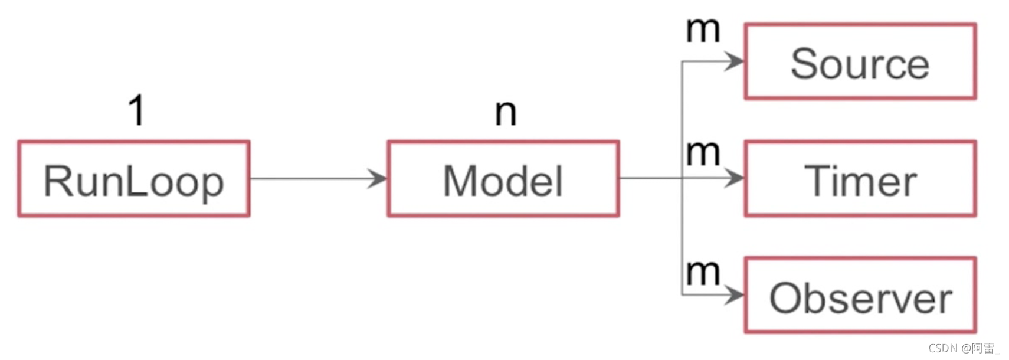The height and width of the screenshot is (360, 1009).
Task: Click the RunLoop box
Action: [134, 179]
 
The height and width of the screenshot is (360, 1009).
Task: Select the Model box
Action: [503, 179]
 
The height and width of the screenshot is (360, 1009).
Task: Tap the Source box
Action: [860, 61]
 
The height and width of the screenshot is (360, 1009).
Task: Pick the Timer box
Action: [860, 179]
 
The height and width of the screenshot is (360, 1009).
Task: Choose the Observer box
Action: [860, 295]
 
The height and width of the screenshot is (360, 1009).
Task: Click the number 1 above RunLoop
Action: [137, 110]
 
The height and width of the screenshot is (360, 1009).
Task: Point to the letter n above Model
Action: [506, 112]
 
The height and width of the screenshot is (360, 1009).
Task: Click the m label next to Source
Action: [703, 30]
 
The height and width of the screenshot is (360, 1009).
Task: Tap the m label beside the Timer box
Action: [703, 153]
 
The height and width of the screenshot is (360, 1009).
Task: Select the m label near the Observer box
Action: [703, 272]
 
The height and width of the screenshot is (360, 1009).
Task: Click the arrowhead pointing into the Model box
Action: [377, 178]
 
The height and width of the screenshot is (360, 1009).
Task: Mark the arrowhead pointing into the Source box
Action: [735, 61]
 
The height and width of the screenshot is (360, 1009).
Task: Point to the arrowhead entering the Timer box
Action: [735, 178]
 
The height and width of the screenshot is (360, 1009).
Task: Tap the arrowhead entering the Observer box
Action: [735, 294]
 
